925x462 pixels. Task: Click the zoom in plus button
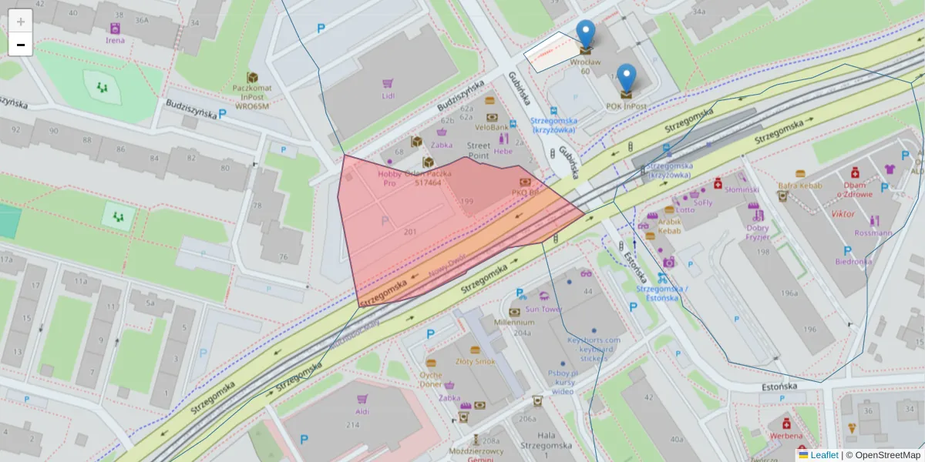click(x=21, y=21)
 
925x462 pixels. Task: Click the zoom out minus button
click(x=21, y=44)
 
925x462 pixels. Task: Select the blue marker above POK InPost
click(x=627, y=79)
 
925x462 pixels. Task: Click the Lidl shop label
click(x=388, y=95)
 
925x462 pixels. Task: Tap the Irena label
click(x=116, y=40)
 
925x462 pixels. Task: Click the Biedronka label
click(x=853, y=261)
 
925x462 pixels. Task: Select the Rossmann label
click(x=874, y=233)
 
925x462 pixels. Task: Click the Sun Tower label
click(x=543, y=309)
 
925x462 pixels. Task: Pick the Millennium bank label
click(x=514, y=323)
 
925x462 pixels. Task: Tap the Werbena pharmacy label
click(x=786, y=436)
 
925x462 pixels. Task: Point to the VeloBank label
click(x=491, y=126)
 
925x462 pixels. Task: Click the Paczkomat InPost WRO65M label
click(x=251, y=97)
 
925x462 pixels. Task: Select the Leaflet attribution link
click(x=823, y=455)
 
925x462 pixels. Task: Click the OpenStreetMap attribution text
click(x=887, y=455)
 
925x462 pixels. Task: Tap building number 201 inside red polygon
click(x=410, y=231)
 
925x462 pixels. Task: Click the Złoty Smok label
click(x=475, y=360)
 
